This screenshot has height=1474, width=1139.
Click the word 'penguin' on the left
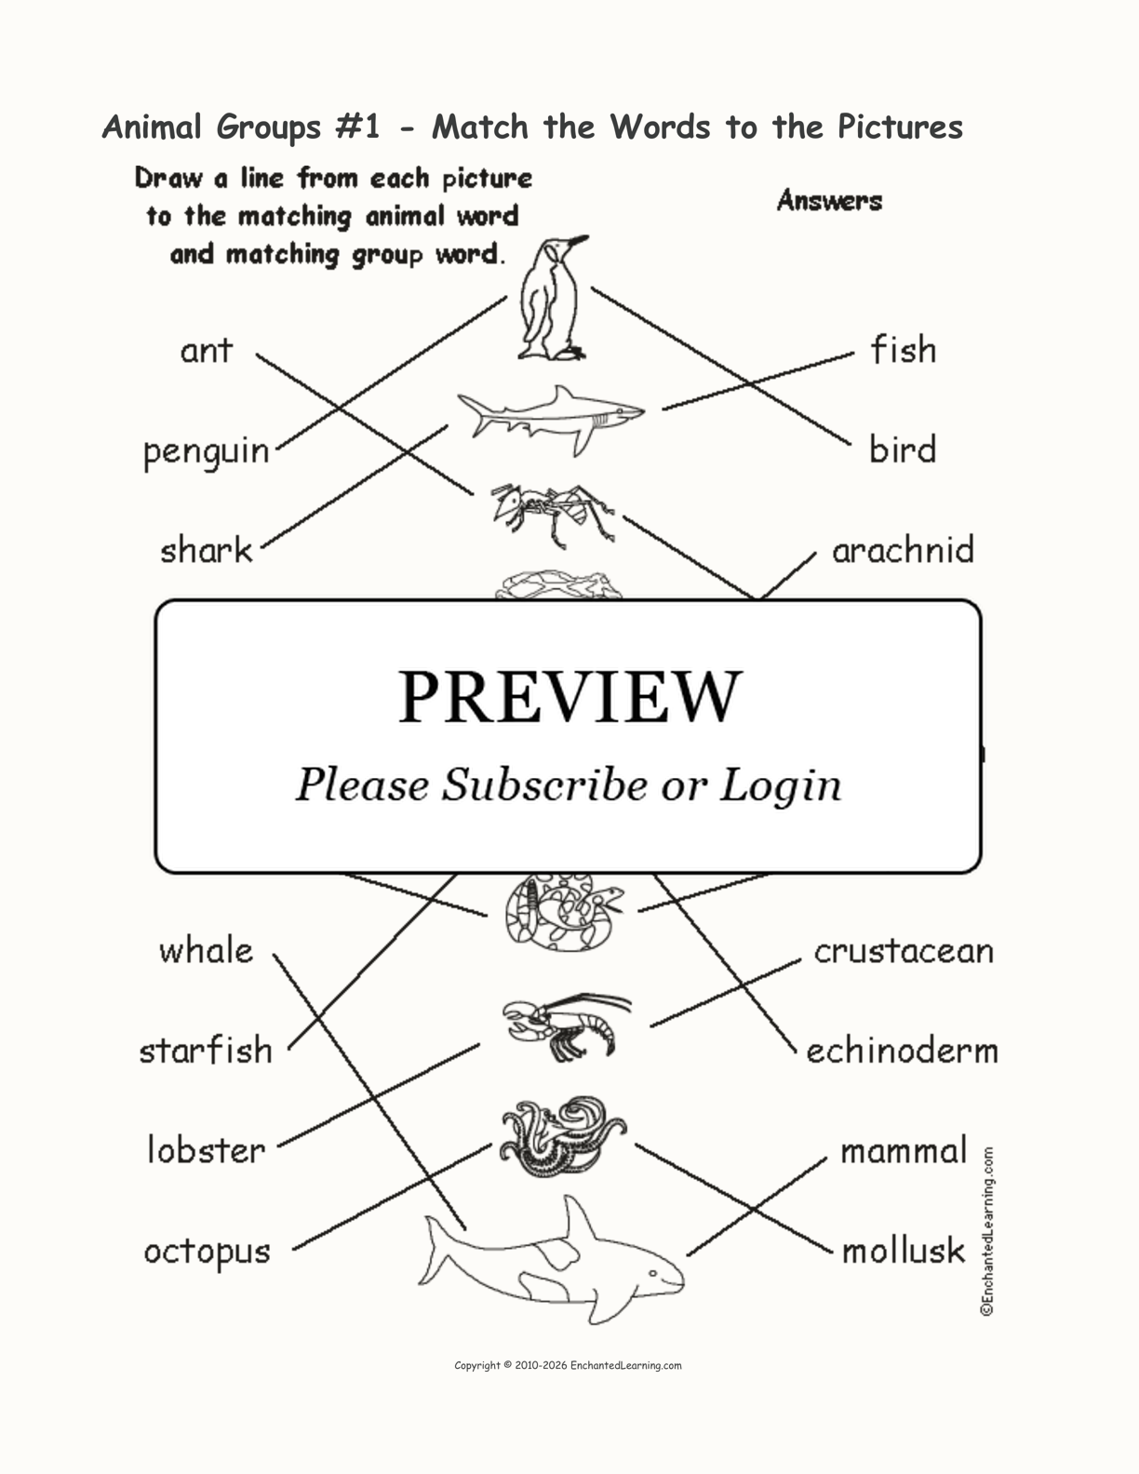[x=206, y=452]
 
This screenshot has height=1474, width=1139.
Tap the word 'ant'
[x=206, y=351]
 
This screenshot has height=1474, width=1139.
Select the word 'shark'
[x=206, y=551]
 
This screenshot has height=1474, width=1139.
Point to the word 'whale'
[x=206, y=950]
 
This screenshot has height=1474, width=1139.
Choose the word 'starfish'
[x=206, y=1051]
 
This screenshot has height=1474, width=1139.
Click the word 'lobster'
[x=206, y=1150]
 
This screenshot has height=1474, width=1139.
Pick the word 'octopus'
[x=207, y=1252]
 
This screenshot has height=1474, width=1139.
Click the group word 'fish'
[x=903, y=350]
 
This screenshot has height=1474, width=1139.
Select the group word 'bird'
[x=903, y=449]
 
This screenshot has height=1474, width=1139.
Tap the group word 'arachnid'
[x=903, y=550]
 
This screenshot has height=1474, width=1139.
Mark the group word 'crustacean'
[x=904, y=950]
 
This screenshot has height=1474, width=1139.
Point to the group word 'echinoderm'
[x=902, y=1051]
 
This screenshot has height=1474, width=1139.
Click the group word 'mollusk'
[x=903, y=1252]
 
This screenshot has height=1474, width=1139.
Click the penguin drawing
[x=552, y=300]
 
